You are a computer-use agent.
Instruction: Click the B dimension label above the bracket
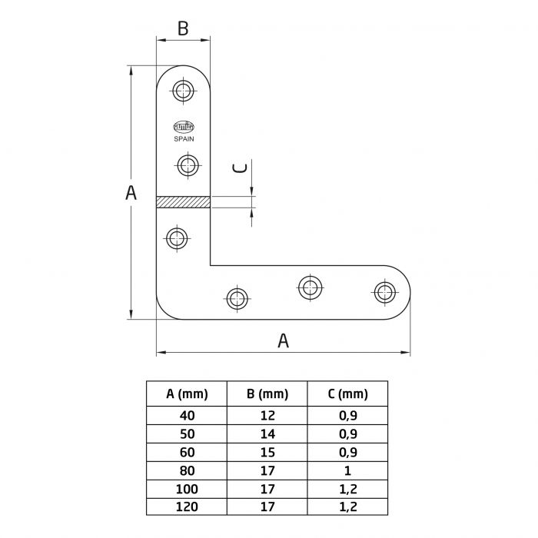click(183, 28)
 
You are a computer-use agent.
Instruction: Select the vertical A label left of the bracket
click(131, 193)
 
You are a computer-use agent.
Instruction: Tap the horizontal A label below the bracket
click(283, 340)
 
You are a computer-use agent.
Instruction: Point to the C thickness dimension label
click(241, 168)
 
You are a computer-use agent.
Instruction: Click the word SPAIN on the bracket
click(183, 139)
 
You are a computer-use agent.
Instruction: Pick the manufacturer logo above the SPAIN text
click(183, 128)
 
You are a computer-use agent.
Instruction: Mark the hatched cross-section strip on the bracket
click(183, 202)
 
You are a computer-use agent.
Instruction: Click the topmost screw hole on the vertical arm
click(183, 91)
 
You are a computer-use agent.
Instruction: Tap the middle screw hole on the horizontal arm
click(310, 287)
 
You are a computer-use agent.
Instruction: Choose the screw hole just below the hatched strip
click(177, 237)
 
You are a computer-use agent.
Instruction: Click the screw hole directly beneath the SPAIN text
click(187, 164)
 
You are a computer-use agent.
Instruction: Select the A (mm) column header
click(188, 394)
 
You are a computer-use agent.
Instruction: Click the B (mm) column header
click(267, 394)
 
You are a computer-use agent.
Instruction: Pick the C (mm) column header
click(347, 394)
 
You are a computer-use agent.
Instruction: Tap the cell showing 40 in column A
click(188, 416)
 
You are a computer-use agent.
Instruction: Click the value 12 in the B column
click(267, 416)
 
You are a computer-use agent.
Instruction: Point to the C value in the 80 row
click(347, 471)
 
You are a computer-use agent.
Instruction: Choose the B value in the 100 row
click(267, 490)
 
